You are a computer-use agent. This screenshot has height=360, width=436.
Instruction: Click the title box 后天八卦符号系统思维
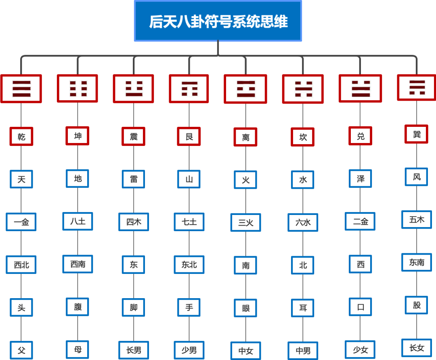pyautogui.click(x=218, y=21)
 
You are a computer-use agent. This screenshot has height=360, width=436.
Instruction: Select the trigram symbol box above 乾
pyautogui.click(x=21, y=88)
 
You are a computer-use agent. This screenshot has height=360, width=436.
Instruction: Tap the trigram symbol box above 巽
pyautogui.click(x=417, y=87)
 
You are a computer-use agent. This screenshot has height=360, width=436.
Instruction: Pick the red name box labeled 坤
pyautogui.click(x=78, y=136)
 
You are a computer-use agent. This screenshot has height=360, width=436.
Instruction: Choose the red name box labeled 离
pyautogui.click(x=245, y=137)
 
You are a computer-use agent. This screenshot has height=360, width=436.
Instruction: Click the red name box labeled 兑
pyautogui.click(x=361, y=136)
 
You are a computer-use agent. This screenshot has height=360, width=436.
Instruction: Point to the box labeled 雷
pyautogui.click(x=133, y=179)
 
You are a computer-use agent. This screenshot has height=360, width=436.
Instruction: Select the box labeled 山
pyautogui.click(x=189, y=179)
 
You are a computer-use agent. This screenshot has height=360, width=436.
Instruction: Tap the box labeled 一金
pyautogui.click(x=21, y=222)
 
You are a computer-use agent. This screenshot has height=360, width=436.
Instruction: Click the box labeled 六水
pyautogui.click(x=303, y=222)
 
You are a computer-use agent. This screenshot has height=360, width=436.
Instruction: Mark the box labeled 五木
pyautogui.click(x=417, y=219)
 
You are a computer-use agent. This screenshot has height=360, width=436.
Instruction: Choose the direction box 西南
pyautogui.click(x=78, y=264)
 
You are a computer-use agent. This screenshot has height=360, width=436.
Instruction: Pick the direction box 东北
pyautogui.click(x=189, y=265)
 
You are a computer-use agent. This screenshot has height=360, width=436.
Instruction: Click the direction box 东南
pyautogui.click(x=417, y=262)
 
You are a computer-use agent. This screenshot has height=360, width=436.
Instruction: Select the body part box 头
pyautogui.click(x=21, y=308)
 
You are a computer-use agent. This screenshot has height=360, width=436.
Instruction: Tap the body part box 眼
pyautogui.click(x=245, y=308)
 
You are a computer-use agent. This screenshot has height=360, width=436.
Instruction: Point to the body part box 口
pyautogui.click(x=361, y=307)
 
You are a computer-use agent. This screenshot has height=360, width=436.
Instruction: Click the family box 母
pyautogui.click(x=78, y=349)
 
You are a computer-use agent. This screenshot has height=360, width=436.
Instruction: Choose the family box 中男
pyautogui.click(x=303, y=351)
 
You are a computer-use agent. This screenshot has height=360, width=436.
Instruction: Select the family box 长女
pyautogui.click(x=417, y=347)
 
